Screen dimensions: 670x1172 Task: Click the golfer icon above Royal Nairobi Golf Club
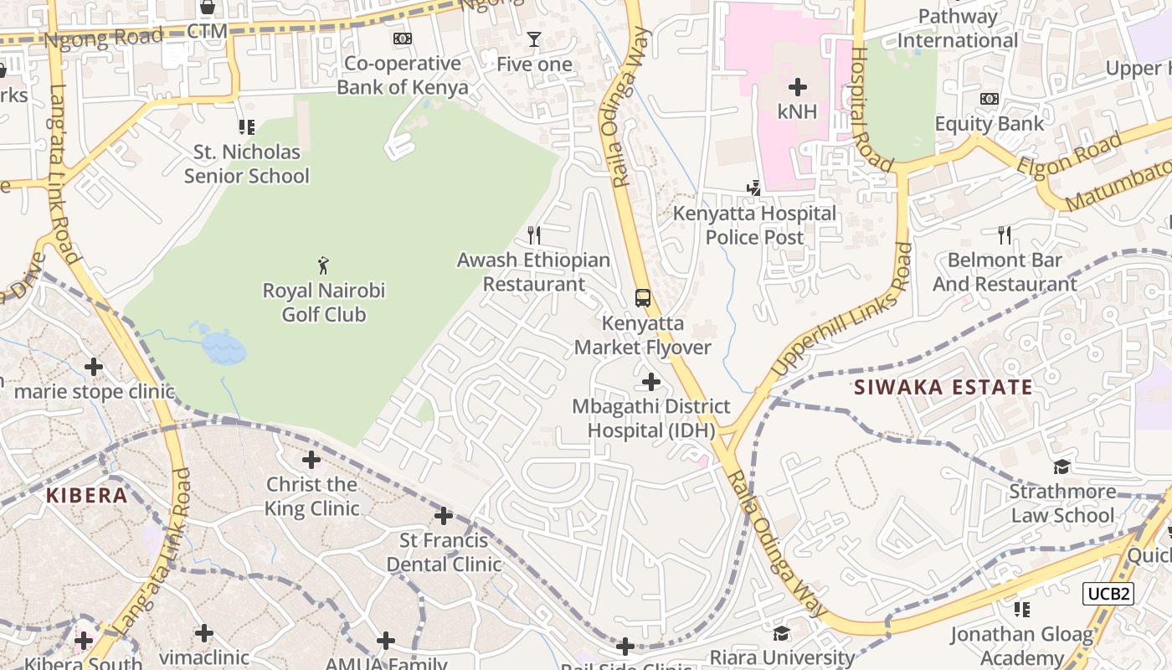(x=323, y=266)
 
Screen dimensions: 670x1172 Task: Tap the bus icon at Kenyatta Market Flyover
(x=642, y=298)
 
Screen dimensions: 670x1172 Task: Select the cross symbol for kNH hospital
(x=798, y=86)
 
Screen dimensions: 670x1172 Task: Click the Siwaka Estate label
(x=943, y=387)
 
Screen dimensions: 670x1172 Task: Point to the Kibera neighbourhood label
(x=86, y=495)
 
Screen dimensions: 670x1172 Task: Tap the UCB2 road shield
(x=1108, y=594)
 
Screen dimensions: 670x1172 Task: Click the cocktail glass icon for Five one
(x=533, y=39)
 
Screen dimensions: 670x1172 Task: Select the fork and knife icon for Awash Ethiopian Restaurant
(x=533, y=235)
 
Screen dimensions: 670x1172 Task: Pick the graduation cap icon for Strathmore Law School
(x=1061, y=466)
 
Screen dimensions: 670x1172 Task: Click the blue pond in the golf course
(x=224, y=347)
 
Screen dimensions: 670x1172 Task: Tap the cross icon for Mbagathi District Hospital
(x=650, y=382)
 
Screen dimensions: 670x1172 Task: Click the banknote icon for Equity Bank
(x=989, y=99)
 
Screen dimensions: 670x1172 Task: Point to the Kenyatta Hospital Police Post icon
(x=754, y=188)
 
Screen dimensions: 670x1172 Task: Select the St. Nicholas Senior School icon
(x=246, y=127)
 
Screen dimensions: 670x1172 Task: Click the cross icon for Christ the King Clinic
(x=311, y=460)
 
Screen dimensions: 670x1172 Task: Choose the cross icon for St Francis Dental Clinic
(x=444, y=516)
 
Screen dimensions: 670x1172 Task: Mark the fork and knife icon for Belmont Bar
(x=1005, y=235)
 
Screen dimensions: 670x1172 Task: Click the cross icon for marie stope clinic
(x=94, y=367)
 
